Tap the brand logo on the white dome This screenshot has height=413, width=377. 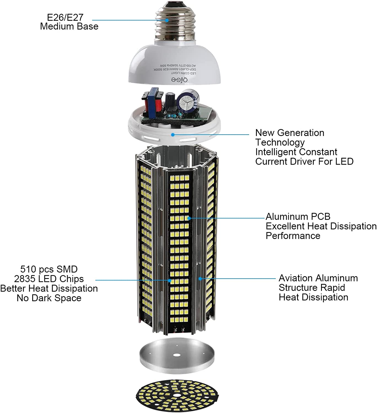pyautogui.click(x=179, y=80)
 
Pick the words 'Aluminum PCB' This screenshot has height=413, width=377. pyautogui.click(x=298, y=217)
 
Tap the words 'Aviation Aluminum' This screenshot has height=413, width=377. pyautogui.click(x=318, y=278)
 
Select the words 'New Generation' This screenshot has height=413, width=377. pyautogui.click(x=290, y=133)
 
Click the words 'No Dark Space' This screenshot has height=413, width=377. pyautogui.click(x=49, y=298)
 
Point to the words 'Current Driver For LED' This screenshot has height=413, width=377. pyautogui.click(x=304, y=161)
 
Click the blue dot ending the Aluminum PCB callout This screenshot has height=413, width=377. pyautogui.click(x=189, y=218)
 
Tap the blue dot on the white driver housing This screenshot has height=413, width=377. pyautogui.click(x=173, y=135)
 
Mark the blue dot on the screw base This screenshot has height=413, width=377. pyautogui.click(x=167, y=20)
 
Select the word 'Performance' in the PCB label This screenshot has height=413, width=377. pyautogui.click(x=293, y=236)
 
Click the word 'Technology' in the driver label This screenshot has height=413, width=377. pyautogui.click(x=280, y=142)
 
